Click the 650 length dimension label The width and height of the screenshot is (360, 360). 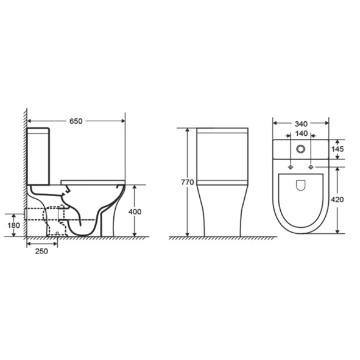[76, 121]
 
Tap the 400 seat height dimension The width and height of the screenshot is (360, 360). [135, 211]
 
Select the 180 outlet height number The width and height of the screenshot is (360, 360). [14, 225]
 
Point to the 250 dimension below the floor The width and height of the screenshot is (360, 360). [41, 251]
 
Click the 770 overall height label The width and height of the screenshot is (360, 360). [188, 182]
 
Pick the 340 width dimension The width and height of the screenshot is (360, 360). [301, 124]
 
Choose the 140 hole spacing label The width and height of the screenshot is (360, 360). [301, 133]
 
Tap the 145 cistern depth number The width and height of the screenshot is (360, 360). [337, 149]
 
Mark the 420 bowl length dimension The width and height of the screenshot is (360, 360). [337, 200]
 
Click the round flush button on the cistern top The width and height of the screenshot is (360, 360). [300, 149]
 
